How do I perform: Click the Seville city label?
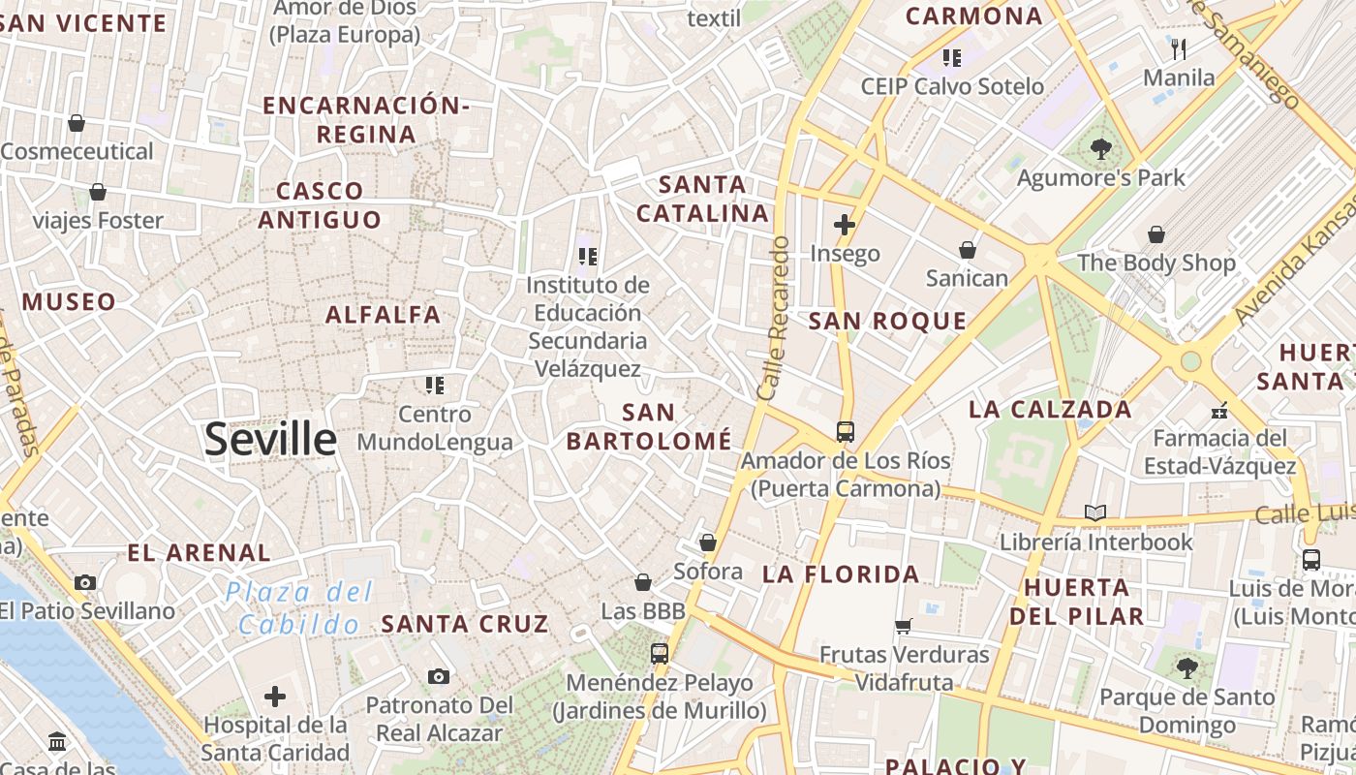pyautogui.click(x=270, y=440)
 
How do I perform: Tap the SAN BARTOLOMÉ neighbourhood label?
pyautogui.click(x=649, y=426)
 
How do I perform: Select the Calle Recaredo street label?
pyautogui.click(x=774, y=319)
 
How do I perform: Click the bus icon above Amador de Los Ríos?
pyautogui.click(x=845, y=431)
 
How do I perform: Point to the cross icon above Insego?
pyautogui.click(x=845, y=225)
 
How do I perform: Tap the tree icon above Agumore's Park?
pyautogui.click(x=1100, y=149)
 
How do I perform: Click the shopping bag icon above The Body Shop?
pyautogui.click(x=1156, y=234)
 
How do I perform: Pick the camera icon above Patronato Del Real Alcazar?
pyautogui.click(x=439, y=676)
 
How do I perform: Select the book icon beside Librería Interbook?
pyautogui.click(x=1095, y=512)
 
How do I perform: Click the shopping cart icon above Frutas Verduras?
pyautogui.click(x=904, y=626)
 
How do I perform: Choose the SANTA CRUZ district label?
pyautogui.click(x=465, y=624)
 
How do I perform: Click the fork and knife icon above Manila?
pyautogui.click(x=1179, y=48)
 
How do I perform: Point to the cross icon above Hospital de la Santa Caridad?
pyautogui.click(x=275, y=696)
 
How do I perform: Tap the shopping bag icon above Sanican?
pyautogui.click(x=967, y=250)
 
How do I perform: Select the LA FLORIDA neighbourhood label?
pyautogui.click(x=841, y=574)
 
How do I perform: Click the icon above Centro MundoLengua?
pyautogui.click(x=435, y=386)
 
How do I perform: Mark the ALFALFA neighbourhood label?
pyautogui.click(x=384, y=315)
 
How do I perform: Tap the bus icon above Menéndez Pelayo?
pyautogui.click(x=660, y=653)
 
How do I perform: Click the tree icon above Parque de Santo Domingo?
pyautogui.click(x=1186, y=667)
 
